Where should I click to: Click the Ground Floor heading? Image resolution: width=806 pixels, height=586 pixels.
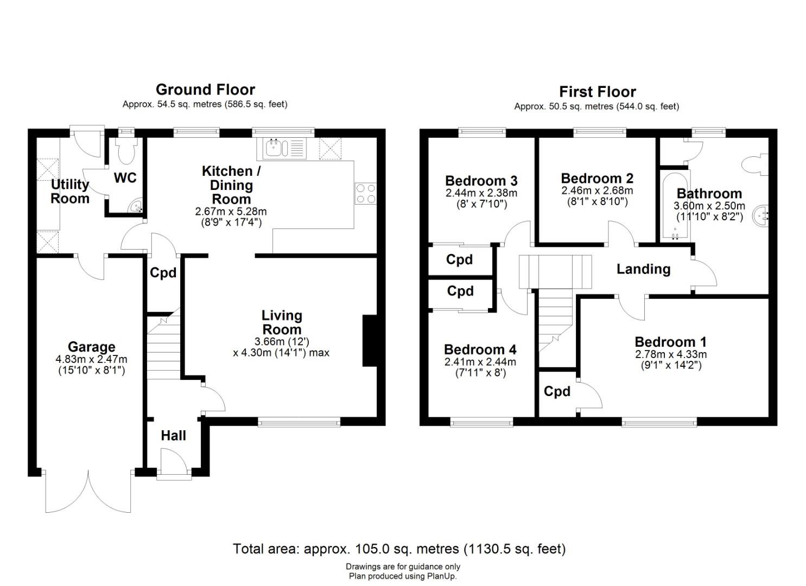click(x=205, y=89)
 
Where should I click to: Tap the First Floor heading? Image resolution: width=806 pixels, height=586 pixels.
click(x=597, y=92)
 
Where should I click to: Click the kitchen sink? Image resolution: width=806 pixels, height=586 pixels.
click(x=284, y=149)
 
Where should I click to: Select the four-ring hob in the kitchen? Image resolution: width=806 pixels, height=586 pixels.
click(x=366, y=194)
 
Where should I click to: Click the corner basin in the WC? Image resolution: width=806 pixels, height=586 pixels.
click(x=136, y=206)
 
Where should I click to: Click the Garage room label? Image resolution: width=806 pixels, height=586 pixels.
click(x=91, y=347)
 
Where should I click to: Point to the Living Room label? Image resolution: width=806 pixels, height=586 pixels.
click(x=282, y=322)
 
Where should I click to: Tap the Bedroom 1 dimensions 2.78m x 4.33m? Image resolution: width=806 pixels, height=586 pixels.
click(x=671, y=354)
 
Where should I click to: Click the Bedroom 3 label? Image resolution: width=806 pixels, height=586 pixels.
click(x=481, y=181)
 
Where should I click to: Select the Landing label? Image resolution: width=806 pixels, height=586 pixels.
click(x=643, y=269)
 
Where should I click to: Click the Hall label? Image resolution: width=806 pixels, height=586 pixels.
click(x=174, y=436)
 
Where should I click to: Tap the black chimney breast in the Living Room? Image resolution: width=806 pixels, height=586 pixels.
click(x=370, y=341)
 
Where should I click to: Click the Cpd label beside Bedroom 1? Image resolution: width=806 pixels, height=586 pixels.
click(x=557, y=391)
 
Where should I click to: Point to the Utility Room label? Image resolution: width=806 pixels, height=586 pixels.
click(x=70, y=192)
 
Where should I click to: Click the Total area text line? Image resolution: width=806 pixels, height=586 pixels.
click(x=399, y=549)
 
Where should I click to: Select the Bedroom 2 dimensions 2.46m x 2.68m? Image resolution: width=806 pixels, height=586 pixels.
click(x=597, y=190)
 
